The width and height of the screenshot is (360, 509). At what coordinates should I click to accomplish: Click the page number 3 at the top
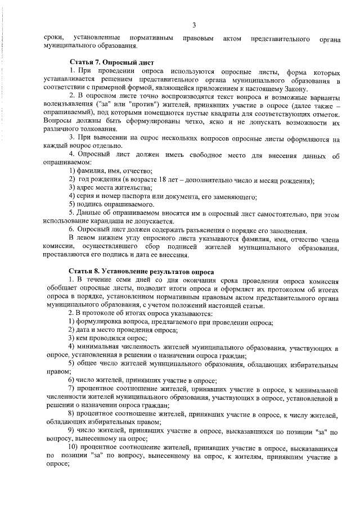[193, 24]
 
